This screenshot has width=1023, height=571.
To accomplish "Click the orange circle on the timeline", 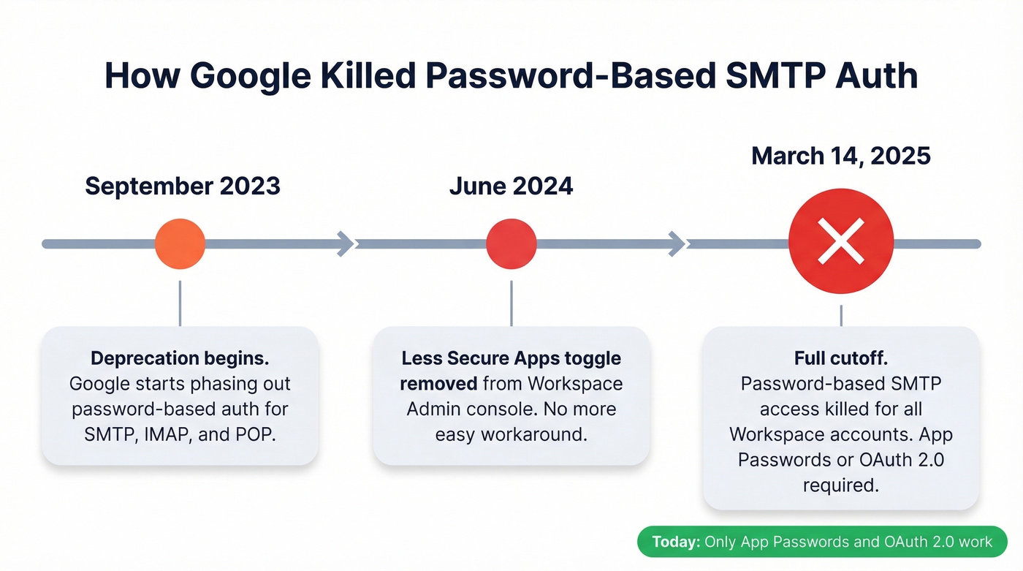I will click(180, 243).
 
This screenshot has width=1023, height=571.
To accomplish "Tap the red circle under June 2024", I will click(512, 243).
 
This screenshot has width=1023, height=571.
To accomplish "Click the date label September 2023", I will click(183, 186).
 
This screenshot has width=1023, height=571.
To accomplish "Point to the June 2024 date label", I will click(511, 186).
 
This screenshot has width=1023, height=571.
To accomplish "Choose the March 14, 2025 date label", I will click(841, 155).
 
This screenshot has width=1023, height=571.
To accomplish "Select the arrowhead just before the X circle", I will click(677, 243).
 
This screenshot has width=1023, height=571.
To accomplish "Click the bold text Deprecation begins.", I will click(180, 358).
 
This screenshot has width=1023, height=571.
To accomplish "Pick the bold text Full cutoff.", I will click(841, 358).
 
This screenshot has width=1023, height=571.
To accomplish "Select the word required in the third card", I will click(841, 485).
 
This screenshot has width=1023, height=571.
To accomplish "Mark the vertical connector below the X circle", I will click(841, 315).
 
